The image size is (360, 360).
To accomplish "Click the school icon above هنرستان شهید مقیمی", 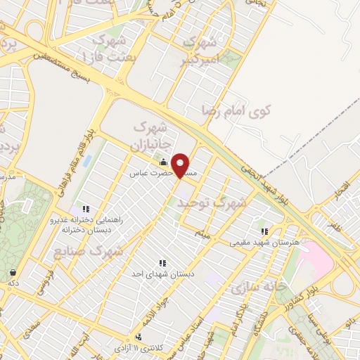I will (264, 231).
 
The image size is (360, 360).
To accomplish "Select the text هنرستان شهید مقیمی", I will (264, 243).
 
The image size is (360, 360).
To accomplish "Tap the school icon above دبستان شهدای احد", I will (163, 263).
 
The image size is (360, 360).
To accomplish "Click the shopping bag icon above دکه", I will (13, 272).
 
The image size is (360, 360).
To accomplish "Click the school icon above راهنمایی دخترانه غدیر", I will (86, 209).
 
